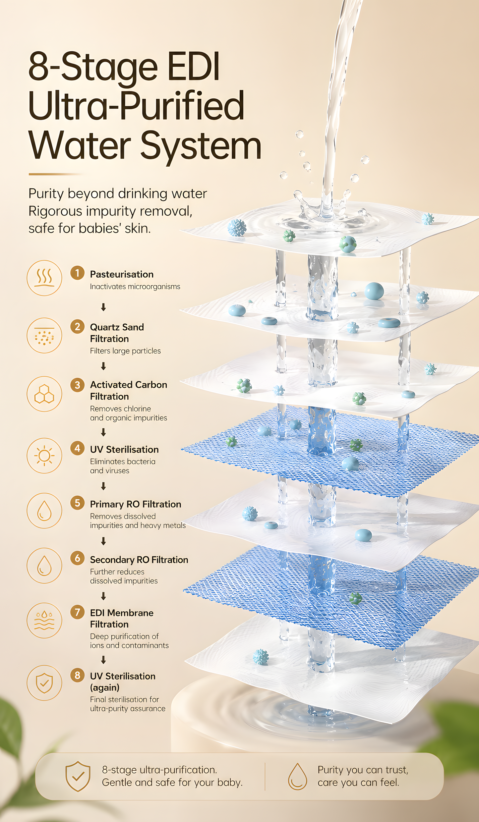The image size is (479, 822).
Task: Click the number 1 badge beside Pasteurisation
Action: tap(77, 273)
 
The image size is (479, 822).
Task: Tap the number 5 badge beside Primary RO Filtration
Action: tap(77, 503)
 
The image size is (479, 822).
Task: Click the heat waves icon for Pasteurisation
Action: tap(44, 278)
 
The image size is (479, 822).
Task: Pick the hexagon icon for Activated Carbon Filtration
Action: tap(44, 394)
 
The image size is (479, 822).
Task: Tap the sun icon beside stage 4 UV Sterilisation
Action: tap(44, 456)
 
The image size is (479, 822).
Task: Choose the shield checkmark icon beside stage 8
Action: tap(44, 683)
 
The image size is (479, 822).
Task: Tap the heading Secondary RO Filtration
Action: tap(139, 560)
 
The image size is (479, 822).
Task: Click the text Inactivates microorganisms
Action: tap(135, 287)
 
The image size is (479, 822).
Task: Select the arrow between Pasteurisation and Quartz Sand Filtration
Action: tap(103, 307)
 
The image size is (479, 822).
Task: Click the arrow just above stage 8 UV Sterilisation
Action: tap(103, 660)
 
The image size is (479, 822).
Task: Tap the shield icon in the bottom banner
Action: tap(78, 776)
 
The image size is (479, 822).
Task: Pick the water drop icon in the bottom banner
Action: tap(297, 776)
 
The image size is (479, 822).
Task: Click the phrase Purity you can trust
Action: tap(363, 770)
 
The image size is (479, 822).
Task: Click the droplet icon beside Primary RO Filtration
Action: tap(44, 511)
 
